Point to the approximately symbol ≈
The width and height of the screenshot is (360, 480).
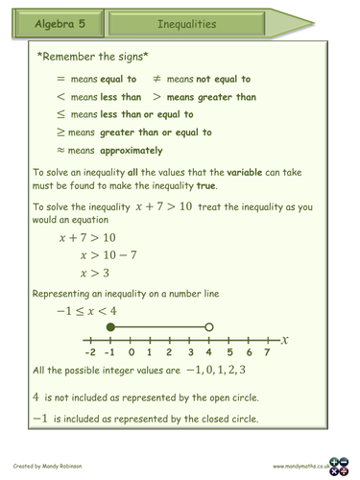pos(62,151)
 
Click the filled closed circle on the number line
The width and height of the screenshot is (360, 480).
pos(110,327)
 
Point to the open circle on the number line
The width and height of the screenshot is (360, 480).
pos(209,327)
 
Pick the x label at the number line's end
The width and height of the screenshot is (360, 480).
pos(285,340)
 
